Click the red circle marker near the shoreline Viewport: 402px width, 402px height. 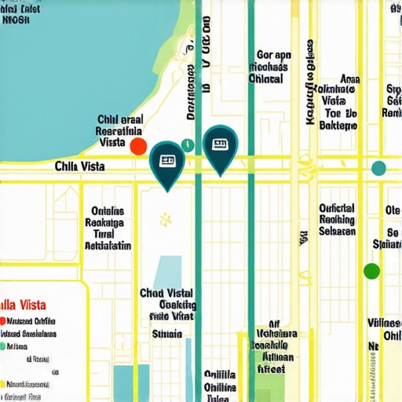pos(138,146)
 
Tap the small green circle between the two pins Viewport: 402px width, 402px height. pos(187,144)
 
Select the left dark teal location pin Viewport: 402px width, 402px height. pos(166,163)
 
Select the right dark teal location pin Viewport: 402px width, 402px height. pos(219,147)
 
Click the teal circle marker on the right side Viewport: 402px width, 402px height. pos(378,167)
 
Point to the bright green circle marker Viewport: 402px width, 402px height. pos(371,271)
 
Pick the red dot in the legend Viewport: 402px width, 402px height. pos(3,321)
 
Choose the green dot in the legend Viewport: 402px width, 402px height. pos(3,333)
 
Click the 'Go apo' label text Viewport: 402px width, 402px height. pos(274,56)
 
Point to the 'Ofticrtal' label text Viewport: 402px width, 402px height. pos(337,209)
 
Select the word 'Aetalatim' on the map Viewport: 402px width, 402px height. pos(108,245)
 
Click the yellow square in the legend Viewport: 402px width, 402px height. pos(3,384)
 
